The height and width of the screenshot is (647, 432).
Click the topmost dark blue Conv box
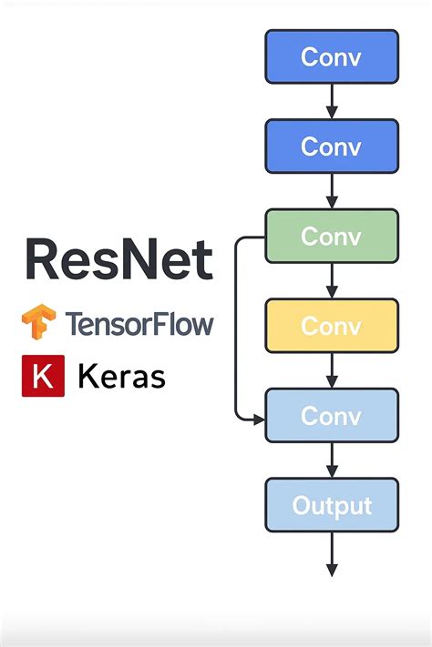point(332,56)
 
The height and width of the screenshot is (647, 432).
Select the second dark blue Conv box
point(332,146)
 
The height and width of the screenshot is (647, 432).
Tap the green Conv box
point(332,236)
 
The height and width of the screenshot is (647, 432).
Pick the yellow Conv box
point(332,325)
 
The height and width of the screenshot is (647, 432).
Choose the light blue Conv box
point(332,415)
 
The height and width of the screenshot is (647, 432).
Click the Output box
point(332,505)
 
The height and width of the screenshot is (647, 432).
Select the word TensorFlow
point(139,324)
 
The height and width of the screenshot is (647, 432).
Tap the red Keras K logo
point(43,376)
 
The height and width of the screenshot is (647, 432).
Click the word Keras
point(122,376)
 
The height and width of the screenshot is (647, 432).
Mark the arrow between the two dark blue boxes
point(332,101)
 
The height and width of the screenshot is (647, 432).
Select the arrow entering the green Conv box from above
point(332,191)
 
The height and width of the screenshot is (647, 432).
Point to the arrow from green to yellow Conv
point(332,280)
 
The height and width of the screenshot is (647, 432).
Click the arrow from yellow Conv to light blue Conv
point(332,370)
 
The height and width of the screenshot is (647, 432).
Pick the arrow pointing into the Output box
point(332,460)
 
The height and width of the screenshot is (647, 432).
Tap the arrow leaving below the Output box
point(332,555)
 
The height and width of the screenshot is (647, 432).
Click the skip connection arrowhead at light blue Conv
point(259,419)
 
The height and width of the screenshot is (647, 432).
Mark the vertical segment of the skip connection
point(236,328)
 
